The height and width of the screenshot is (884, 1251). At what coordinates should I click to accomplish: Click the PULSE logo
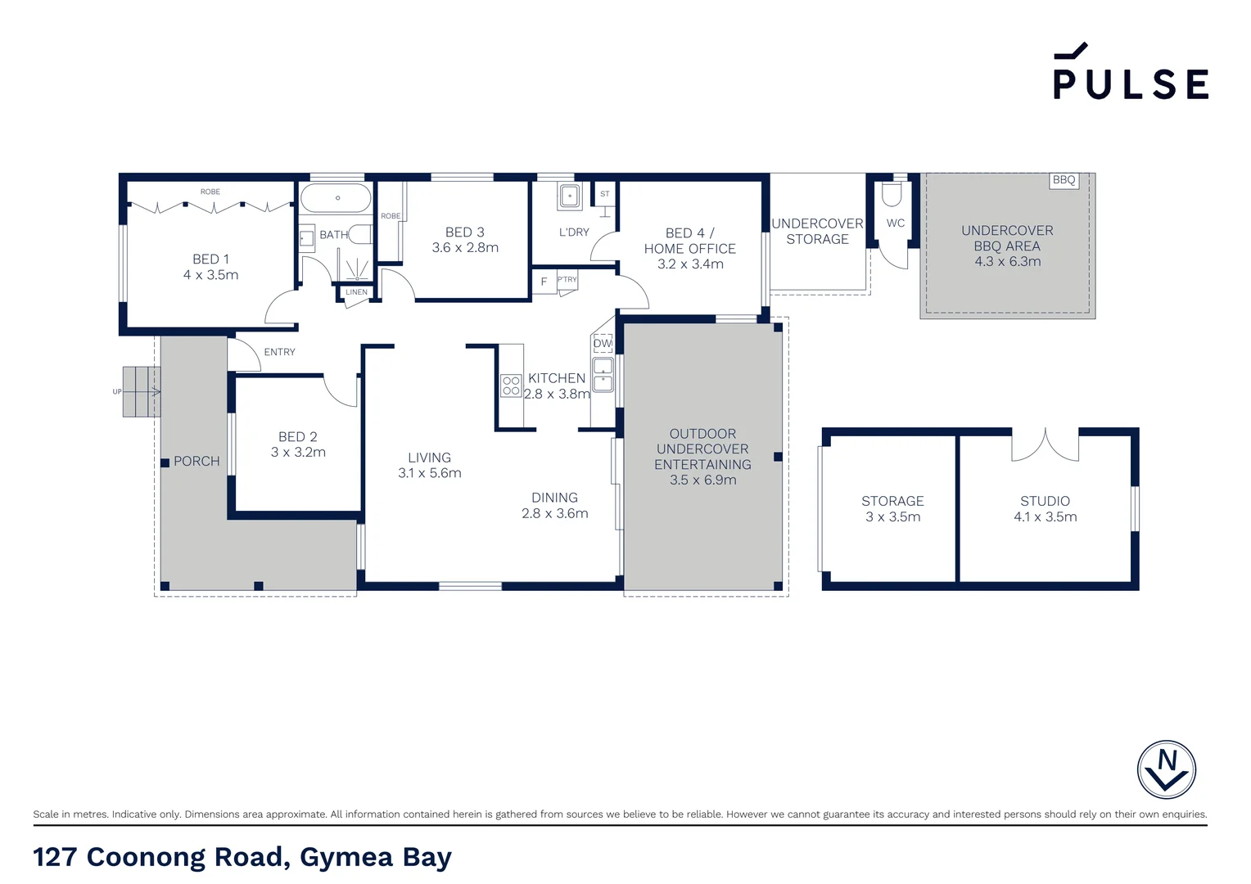(1130, 73)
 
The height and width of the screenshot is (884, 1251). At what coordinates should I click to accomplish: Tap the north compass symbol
(1166, 769)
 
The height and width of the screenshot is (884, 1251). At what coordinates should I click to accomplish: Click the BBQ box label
(1064, 180)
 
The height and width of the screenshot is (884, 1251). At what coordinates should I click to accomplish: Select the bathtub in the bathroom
(336, 198)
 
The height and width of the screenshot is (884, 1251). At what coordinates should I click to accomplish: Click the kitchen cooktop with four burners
(511, 386)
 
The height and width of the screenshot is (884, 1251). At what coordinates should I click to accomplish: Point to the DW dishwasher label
(603, 344)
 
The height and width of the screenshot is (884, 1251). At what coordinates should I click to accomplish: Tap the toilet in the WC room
(892, 194)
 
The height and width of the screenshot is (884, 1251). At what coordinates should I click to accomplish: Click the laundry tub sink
(570, 196)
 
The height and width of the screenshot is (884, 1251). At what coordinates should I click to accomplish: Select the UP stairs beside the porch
(141, 391)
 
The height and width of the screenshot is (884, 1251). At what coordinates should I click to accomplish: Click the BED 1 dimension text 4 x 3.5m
(210, 275)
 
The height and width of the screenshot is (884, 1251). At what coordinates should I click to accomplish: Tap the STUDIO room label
(1045, 501)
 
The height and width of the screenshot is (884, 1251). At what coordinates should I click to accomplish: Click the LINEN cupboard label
(356, 292)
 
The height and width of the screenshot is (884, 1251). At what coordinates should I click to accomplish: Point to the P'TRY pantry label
(567, 280)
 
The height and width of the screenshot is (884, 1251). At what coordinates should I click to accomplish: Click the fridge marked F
(544, 282)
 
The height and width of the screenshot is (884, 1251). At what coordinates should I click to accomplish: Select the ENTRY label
(279, 352)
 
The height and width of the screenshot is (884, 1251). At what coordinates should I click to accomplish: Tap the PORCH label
(196, 462)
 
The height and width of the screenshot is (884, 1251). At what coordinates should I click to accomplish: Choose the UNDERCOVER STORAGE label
(817, 231)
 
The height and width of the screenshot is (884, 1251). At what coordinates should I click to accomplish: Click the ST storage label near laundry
(604, 194)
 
